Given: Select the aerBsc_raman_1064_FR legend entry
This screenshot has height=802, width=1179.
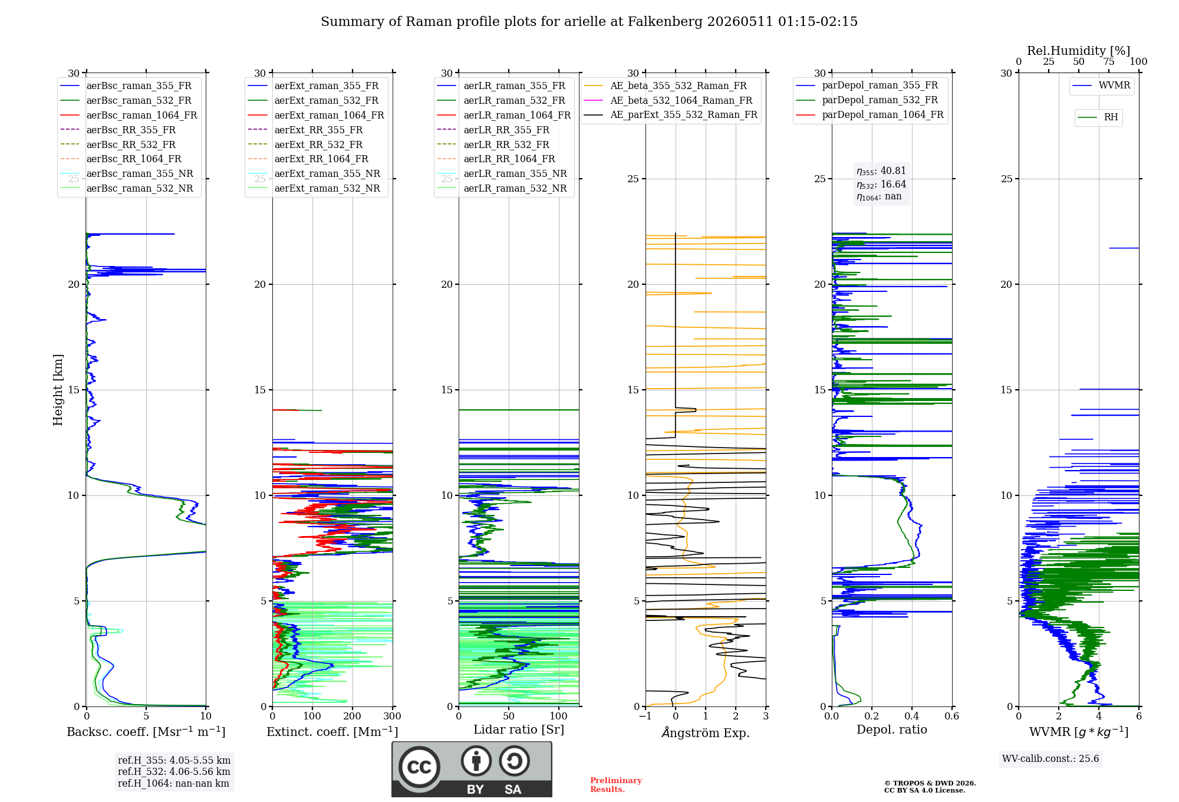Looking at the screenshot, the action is tap(129, 115).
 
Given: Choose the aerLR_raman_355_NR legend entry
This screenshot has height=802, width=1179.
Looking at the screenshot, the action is tap(502, 173).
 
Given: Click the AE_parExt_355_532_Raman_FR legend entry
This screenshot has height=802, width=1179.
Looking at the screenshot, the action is tap(671, 114).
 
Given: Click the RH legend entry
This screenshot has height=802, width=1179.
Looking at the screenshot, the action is tap(1098, 117).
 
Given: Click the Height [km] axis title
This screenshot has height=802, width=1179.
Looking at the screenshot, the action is tap(58, 390).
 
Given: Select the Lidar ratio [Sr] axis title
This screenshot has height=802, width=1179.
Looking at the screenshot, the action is tap(519, 729).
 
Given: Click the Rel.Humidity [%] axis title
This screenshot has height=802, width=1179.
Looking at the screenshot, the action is tap(1079, 51).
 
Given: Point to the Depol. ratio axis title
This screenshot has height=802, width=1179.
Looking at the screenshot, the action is tap(892, 729).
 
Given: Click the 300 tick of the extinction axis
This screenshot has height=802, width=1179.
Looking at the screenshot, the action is tap(393, 716).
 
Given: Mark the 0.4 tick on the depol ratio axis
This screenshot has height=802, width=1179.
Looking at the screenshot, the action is tap(912, 716).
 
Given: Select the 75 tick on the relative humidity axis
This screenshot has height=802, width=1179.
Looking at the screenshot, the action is tap(1109, 62).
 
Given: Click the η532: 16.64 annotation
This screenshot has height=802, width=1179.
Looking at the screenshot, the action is tap(881, 185).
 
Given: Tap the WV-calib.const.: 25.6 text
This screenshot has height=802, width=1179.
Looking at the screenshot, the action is tap(1050, 759).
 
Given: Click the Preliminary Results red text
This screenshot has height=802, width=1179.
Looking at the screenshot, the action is tap(616, 785).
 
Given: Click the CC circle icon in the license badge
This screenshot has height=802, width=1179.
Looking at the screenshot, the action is tap(419, 767).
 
